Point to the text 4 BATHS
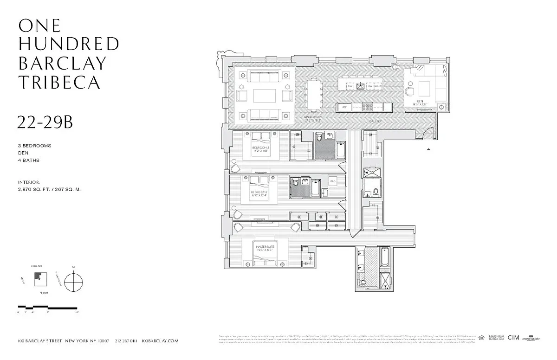coord(29,161)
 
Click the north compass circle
coord(73,282)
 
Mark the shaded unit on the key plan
coord(37,277)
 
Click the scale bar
coord(47,308)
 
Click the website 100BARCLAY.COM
coord(160,341)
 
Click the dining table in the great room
coord(312,96)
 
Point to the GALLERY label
coord(375,122)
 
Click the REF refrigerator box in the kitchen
coord(344,107)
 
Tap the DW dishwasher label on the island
coord(350,86)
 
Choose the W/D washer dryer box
coord(333,181)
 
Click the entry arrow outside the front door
coord(429,149)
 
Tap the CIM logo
coord(513,338)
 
